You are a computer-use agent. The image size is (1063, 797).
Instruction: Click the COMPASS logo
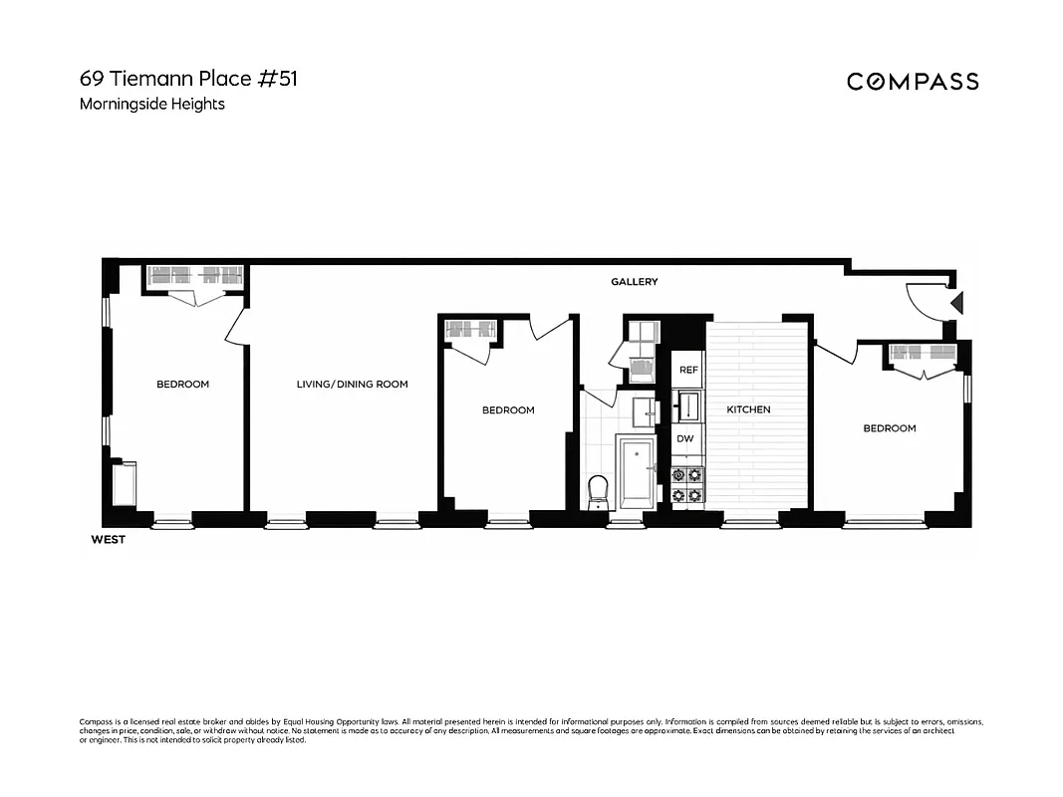click(x=913, y=82)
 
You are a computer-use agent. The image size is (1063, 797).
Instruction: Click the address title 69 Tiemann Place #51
click(x=188, y=78)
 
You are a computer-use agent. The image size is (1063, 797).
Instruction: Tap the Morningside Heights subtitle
click(x=152, y=104)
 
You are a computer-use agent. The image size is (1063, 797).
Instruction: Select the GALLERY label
click(x=635, y=282)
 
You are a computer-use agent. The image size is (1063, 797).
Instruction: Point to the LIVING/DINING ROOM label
click(x=352, y=385)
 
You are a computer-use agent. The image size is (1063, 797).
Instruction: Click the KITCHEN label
click(x=748, y=409)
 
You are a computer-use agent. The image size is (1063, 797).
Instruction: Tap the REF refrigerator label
click(x=687, y=370)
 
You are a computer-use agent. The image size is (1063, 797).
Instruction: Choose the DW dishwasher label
click(x=685, y=438)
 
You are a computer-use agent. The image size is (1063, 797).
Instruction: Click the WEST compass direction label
click(x=108, y=540)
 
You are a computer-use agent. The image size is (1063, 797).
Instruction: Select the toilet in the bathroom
click(x=598, y=490)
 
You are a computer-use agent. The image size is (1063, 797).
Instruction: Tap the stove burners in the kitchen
click(x=687, y=484)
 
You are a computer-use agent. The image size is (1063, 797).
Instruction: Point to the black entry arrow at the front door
click(x=957, y=302)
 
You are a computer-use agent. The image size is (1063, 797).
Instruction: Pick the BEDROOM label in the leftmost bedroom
click(x=182, y=385)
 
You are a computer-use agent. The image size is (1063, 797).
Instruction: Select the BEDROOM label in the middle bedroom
click(x=508, y=410)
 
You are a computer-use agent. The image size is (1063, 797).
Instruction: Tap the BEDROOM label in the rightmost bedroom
click(x=889, y=428)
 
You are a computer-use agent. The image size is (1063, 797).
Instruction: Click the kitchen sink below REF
click(x=687, y=405)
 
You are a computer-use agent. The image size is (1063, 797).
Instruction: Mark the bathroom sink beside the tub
click(x=644, y=410)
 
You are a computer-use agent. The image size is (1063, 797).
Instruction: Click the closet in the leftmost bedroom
click(x=195, y=277)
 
